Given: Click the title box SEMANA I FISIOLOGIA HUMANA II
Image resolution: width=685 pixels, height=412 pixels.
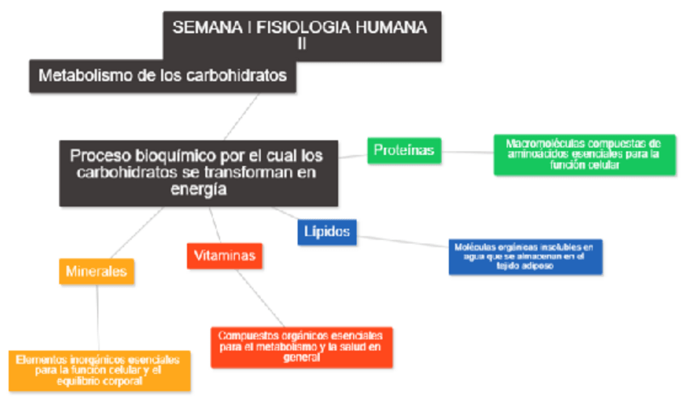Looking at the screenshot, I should [x=302, y=36].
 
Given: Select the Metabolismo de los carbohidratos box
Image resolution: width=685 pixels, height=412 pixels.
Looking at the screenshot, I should [x=162, y=76].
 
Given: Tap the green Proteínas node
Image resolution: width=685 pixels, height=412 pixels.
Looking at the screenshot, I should [x=404, y=150].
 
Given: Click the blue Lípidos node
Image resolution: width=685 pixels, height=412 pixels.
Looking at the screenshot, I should [x=327, y=232].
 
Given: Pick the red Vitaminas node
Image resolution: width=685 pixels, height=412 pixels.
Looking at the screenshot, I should [x=225, y=255].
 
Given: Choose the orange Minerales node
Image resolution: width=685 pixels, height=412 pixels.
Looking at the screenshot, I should [x=96, y=271].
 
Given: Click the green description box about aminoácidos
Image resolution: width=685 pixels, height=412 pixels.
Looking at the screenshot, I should [x=584, y=153].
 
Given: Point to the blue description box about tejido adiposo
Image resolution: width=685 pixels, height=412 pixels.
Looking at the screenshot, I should [x=525, y=256].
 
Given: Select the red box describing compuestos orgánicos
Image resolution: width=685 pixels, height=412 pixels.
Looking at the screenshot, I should [x=300, y=347].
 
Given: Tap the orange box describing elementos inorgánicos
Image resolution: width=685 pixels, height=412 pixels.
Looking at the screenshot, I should [x=99, y=370].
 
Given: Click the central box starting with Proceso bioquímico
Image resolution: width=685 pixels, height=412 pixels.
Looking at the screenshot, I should [x=198, y=173].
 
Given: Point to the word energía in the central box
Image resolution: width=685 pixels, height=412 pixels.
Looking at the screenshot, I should [x=198, y=191].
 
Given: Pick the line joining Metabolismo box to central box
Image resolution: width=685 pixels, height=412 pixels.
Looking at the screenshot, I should [x=242, y=116].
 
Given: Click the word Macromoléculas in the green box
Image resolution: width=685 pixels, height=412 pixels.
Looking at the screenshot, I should [x=541, y=143].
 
